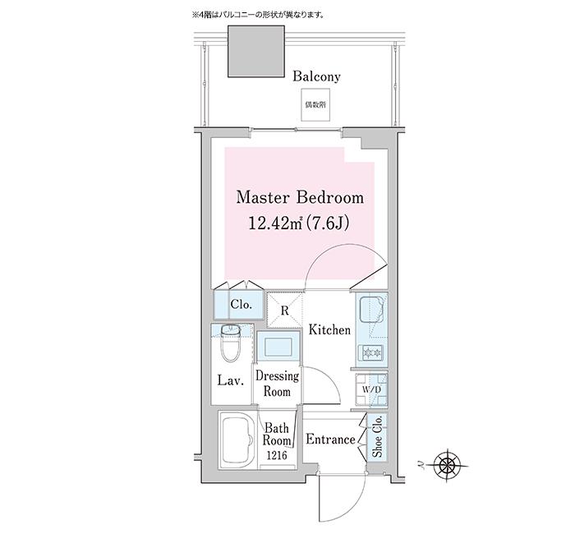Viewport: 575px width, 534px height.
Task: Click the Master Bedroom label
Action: click(300, 198)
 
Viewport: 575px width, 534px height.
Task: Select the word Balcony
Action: click(316, 77)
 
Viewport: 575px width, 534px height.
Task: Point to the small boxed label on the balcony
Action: click(311, 106)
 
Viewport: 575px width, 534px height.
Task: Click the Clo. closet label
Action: click(240, 305)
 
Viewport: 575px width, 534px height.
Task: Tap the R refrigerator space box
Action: click(284, 311)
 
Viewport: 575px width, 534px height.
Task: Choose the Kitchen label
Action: click(329, 330)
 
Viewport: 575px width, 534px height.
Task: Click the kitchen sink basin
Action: click(370, 313)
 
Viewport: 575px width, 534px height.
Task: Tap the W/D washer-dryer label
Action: click(371, 389)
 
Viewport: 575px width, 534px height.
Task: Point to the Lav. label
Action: click(228, 381)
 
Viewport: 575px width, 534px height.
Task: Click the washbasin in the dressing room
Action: click(278, 346)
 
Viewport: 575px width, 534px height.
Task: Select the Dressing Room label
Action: click(277, 384)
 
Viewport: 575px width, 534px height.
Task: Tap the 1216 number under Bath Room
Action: click(277, 456)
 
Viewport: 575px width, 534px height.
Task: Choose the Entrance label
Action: click(330, 440)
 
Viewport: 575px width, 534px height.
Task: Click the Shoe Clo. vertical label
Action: click(378, 437)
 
